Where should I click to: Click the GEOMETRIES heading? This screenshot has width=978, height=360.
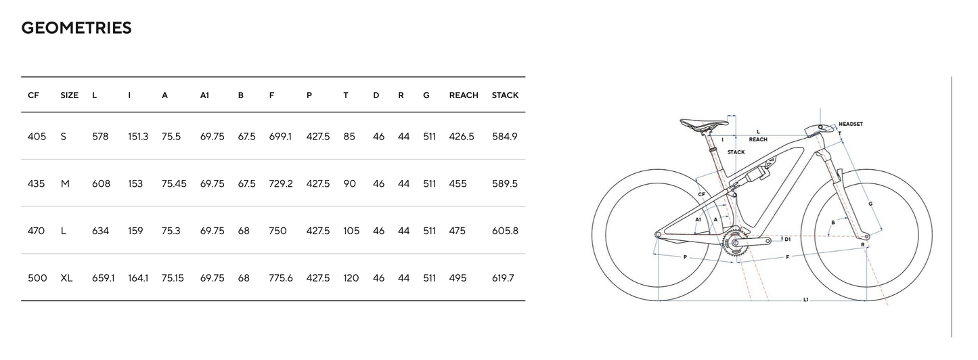pyautogui.click(x=76, y=28)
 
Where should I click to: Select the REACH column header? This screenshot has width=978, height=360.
pyautogui.click(x=464, y=95)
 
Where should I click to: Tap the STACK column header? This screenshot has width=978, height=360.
pyautogui.click(x=505, y=95)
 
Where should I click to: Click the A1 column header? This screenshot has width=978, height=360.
pyautogui.click(x=205, y=95)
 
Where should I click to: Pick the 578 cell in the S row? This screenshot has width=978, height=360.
pyautogui.click(x=100, y=137)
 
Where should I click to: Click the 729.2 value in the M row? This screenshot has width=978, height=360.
pyautogui.click(x=281, y=183)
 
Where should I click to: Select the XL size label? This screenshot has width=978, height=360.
pyautogui.click(x=66, y=278)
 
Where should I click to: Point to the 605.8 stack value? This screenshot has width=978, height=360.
pyautogui.click(x=505, y=231)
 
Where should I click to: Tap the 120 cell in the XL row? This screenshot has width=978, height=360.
pyautogui.click(x=351, y=278)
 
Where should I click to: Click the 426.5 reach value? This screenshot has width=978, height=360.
pyautogui.click(x=462, y=137)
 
